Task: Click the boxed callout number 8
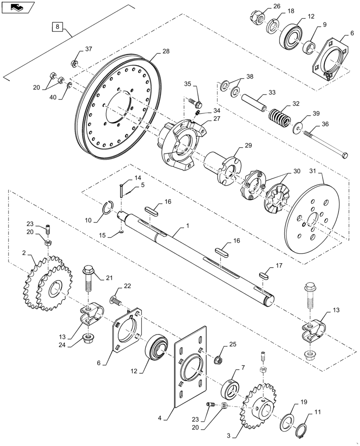[57, 27]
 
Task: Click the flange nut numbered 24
[89, 340]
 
